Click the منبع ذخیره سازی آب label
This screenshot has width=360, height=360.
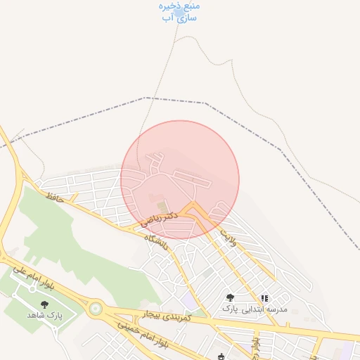(179, 12)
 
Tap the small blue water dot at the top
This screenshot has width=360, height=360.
(179, 12)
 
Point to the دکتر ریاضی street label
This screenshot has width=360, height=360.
(159, 220)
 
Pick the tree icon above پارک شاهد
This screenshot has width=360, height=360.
(45, 304)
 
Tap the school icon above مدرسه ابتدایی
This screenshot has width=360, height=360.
(264, 298)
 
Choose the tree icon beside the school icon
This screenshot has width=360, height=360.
(231, 298)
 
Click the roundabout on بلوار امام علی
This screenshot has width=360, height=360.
(96, 308)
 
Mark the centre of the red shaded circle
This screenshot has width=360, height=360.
(180, 180)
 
